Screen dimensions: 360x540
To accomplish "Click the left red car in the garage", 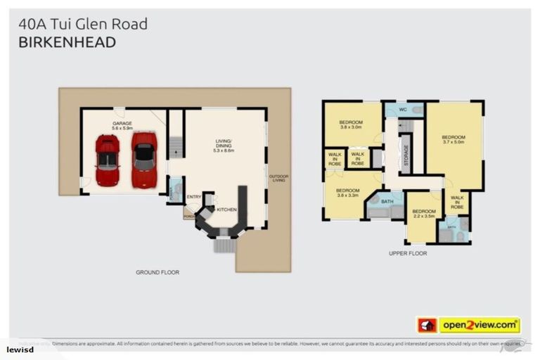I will [107, 160].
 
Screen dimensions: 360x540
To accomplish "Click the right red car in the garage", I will [143, 160].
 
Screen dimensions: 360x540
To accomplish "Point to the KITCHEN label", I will [226, 210].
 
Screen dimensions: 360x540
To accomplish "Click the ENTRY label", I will [194, 197].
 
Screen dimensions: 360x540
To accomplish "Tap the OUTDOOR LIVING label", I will [278, 178].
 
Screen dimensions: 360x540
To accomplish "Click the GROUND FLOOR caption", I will [157, 272].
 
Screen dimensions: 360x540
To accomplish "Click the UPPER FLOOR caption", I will [407, 252].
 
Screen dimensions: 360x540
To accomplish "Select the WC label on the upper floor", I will [403, 110].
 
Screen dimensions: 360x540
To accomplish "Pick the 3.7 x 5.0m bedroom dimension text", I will [454, 141].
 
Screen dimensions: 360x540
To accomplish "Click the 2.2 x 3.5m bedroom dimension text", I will [424, 217].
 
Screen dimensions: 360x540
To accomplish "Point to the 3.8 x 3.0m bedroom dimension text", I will [350, 127].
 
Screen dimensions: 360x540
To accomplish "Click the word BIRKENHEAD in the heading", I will [67, 43].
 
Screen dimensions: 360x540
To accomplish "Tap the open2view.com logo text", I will [479, 325].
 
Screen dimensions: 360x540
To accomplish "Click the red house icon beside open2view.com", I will [427, 325].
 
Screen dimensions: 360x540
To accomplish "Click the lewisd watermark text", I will [20, 349].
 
